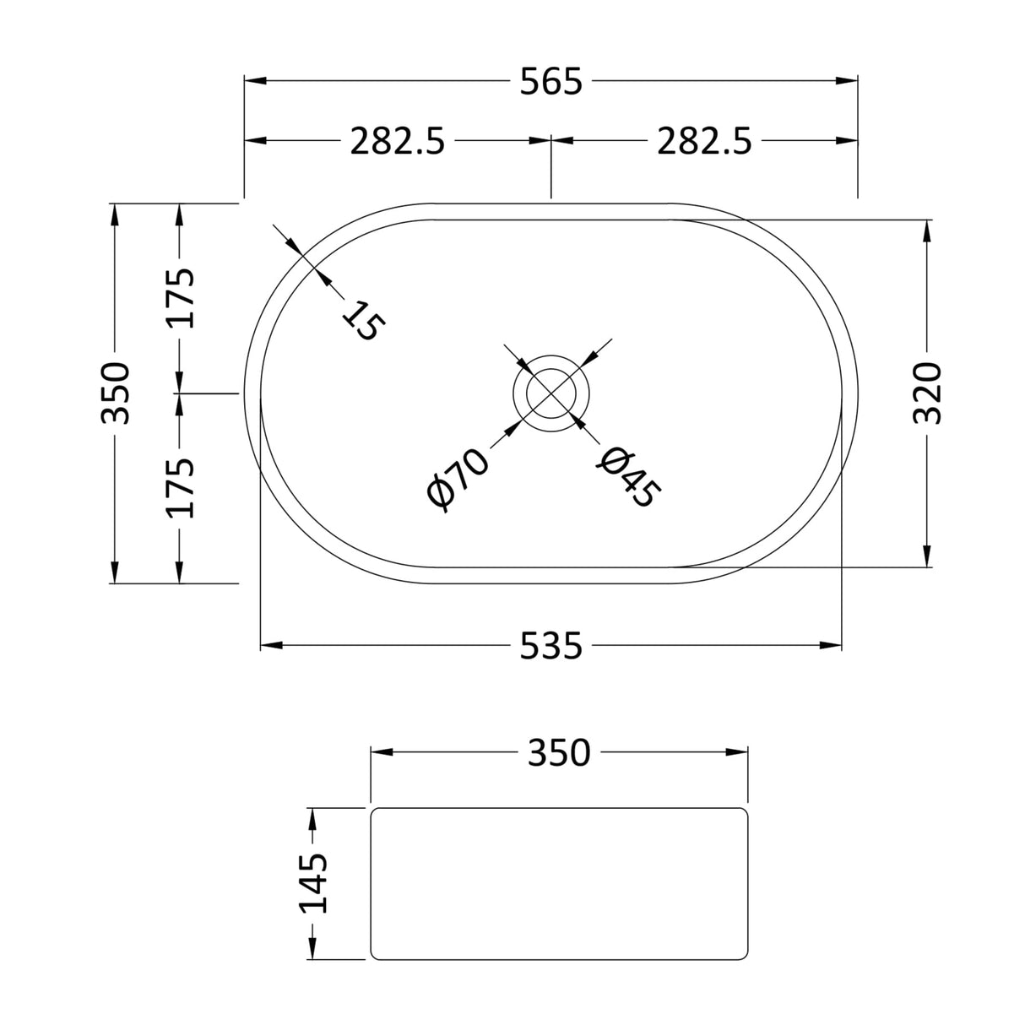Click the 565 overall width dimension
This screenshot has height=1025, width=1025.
[551, 83]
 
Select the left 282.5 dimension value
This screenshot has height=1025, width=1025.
[397, 142]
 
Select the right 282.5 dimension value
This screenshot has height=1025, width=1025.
[704, 142]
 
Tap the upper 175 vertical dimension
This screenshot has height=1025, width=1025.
[180, 297]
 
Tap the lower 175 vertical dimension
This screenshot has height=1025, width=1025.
[180, 488]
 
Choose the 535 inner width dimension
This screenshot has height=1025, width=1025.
[551, 647]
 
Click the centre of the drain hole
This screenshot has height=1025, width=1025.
[551, 393]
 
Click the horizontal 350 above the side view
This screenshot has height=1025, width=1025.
[559, 753]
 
